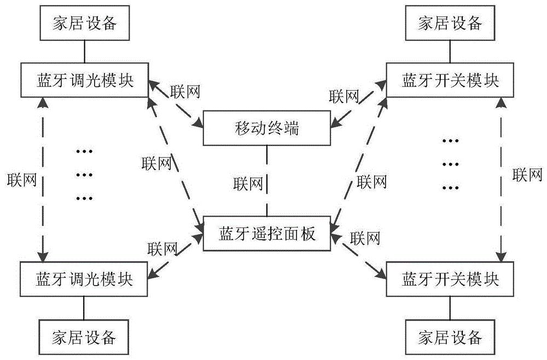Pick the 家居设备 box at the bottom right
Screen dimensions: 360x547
[450, 335]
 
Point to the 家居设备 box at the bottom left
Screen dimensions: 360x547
[84, 335]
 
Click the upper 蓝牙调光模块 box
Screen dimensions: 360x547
[84, 80]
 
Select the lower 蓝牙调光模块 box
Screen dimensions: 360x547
[84, 278]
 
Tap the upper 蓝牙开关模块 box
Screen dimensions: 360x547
[450, 80]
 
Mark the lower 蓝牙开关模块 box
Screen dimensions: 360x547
[450, 278]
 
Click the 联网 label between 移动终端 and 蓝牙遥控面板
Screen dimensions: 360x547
[247, 182]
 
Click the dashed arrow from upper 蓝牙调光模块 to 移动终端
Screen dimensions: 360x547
[176, 104]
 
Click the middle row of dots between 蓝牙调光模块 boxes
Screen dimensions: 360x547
[85, 175]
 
